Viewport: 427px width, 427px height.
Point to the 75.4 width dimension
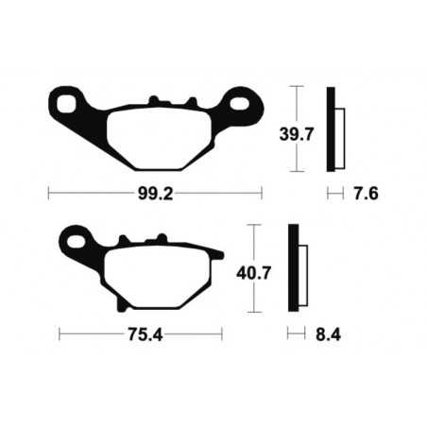140,333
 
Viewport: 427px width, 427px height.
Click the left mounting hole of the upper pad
69,102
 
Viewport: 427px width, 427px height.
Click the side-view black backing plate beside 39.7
332,128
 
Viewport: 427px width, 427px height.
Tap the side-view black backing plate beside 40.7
293,270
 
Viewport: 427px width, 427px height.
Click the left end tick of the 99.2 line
48,194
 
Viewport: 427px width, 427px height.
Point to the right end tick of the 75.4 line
221,333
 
